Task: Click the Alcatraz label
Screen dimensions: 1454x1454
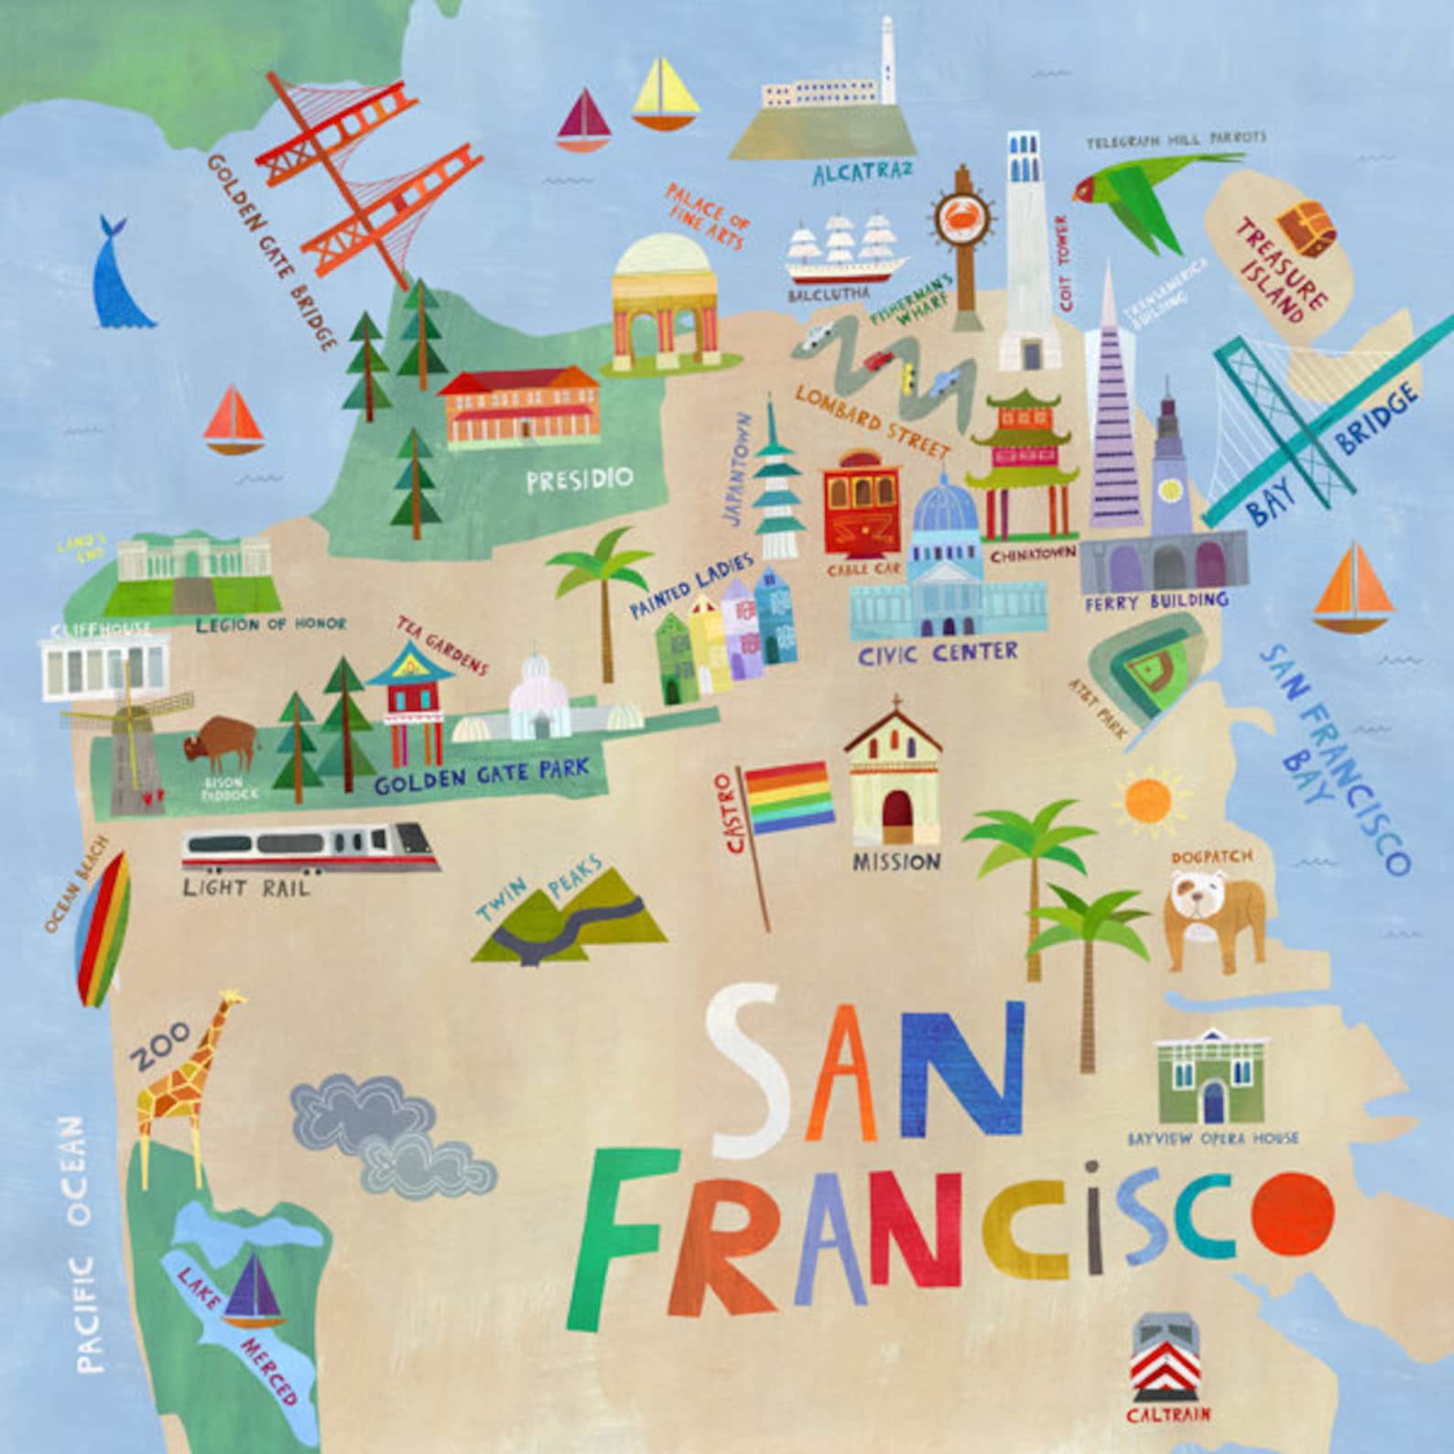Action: pos(863,172)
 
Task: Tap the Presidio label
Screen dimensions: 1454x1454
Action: pos(580,479)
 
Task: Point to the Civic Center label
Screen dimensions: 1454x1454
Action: pos(938,653)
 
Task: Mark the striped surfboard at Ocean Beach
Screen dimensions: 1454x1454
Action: pos(104,928)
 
